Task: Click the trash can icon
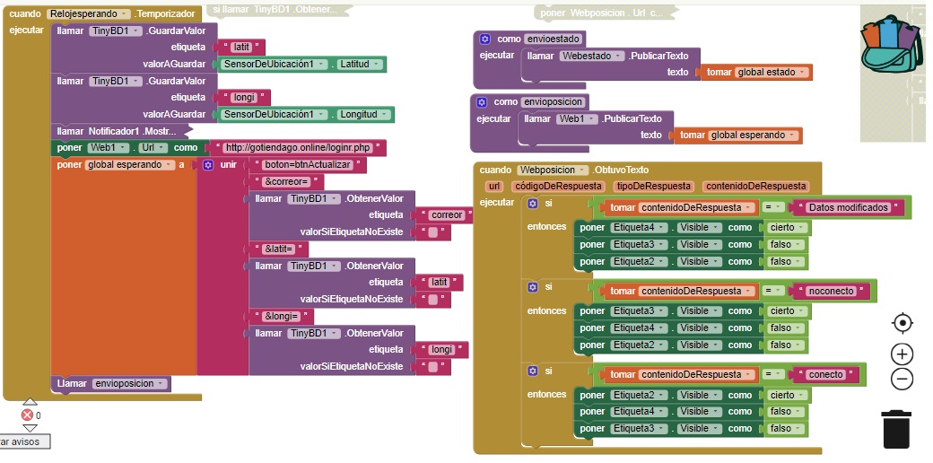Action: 896,428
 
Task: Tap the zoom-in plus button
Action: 902,354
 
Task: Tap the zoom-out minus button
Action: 902,379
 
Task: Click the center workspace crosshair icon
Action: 902,323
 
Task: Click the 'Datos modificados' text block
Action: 850,207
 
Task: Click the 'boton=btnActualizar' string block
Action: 309,165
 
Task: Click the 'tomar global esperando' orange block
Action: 737,135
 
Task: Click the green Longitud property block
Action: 364,114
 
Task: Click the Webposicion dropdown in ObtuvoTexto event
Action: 552,170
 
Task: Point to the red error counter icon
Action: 27,415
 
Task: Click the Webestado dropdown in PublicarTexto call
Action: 591,55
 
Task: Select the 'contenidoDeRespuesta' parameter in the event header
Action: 755,186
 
